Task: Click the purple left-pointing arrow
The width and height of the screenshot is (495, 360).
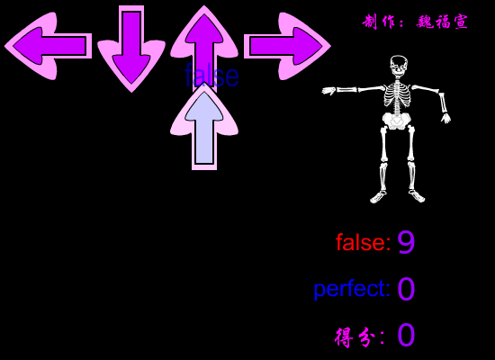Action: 48,46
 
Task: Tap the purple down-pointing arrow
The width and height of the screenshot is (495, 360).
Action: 131,48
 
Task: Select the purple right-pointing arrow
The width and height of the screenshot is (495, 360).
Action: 287,46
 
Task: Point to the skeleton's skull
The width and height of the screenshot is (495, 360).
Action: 399,67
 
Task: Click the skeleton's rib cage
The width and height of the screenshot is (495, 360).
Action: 397,94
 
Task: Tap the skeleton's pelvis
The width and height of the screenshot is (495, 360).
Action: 395,121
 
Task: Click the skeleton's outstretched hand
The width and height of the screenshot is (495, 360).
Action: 328,91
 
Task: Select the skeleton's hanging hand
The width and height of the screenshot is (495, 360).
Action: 446,118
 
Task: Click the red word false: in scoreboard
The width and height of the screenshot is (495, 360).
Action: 363,242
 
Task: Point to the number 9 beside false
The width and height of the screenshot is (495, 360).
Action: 406,242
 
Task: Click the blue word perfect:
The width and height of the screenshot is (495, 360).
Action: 352,289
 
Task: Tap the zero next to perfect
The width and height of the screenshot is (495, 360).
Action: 406,289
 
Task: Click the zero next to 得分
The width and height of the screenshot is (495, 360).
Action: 406,335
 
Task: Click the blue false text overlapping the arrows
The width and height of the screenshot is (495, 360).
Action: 211,76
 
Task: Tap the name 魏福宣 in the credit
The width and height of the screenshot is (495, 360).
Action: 442,22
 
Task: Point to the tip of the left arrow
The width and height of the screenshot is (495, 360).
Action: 4,46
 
